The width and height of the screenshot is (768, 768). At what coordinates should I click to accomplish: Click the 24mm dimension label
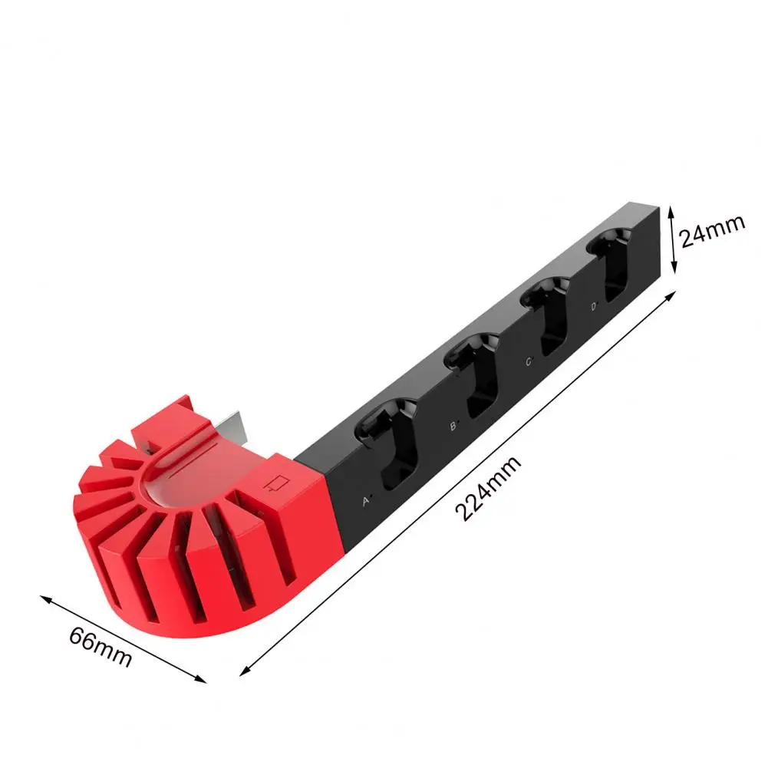[x=713, y=231]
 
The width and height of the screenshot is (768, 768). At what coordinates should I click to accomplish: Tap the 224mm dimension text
[x=488, y=489]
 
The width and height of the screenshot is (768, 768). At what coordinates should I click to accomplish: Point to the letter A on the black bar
[x=366, y=501]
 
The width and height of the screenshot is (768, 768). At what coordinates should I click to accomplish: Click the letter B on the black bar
[x=453, y=427]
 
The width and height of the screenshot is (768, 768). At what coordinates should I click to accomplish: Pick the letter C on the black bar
[x=529, y=362]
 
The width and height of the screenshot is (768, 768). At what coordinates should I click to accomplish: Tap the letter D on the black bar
[x=594, y=307]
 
